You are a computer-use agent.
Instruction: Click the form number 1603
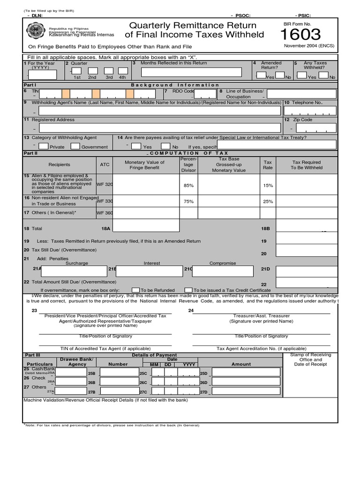pos(300,35)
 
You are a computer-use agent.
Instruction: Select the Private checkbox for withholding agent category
pos(43,146)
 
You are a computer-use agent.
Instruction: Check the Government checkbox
pos(75,146)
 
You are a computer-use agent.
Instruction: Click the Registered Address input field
pos(160,128)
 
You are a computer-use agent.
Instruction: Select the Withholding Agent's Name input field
pos(160,111)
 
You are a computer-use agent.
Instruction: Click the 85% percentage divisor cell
pos(188,185)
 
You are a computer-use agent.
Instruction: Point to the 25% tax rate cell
pos(268,201)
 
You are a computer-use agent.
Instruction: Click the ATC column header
pos(105,165)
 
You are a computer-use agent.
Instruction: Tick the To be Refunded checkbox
pos(136,290)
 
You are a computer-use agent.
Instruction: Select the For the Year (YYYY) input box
pos(43,75)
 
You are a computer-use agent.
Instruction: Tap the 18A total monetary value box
pos(146,225)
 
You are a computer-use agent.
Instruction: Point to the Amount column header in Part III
pos(241,364)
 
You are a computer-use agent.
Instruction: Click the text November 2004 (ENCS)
pos(305,45)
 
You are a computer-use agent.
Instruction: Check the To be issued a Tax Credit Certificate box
pos(188,290)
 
